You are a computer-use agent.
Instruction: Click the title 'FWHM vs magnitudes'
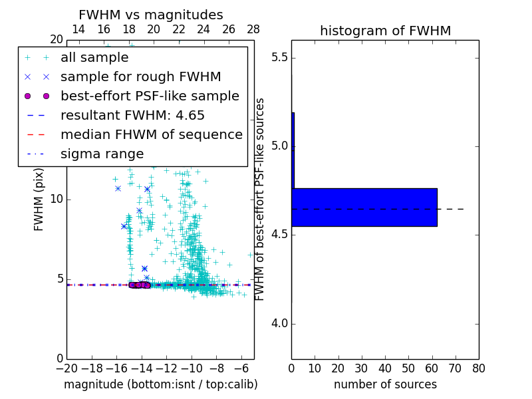coord(151,15)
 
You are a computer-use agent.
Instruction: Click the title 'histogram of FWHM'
coord(385,31)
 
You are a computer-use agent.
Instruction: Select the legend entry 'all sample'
coord(94,58)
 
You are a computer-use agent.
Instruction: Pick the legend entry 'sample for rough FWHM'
coord(140,77)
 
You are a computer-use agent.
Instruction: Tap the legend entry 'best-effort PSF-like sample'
coord(150,96)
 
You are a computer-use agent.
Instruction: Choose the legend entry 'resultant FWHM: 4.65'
coord(132,116)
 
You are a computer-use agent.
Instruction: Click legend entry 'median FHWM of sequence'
coord(151,135)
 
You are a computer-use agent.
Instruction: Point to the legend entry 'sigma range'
coord(102,154)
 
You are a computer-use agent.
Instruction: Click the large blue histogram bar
coord(364,207)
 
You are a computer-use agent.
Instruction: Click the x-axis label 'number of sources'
coord(385,384)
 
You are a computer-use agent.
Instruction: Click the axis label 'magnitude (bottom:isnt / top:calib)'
coord(160,384)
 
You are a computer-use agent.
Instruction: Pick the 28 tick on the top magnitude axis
coord(253,29)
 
